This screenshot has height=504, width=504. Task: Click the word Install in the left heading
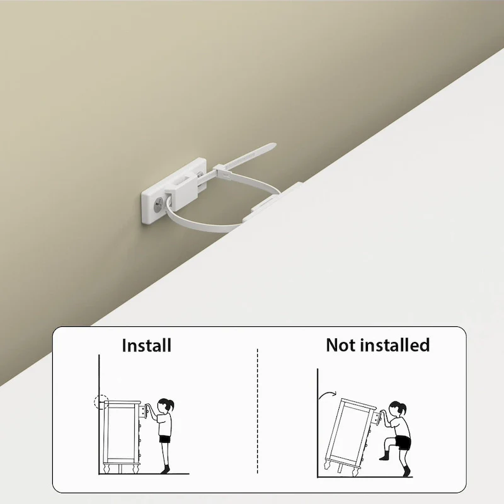[x=147, y=345]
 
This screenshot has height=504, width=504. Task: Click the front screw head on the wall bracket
[x=159, y=204]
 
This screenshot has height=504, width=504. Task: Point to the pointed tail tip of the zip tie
[x=275, y=145]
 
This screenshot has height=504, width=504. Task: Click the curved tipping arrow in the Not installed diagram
[x=327, y=394]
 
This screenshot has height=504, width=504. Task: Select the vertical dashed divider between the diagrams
[x=258, y=411]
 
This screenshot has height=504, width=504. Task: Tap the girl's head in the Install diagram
[x=165, y=406]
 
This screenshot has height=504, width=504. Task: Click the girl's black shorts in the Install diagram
[x=165, y=439]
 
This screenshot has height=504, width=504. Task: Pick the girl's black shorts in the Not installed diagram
[x=403, y=442]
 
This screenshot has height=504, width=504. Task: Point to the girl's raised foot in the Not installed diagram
[x=384, y=456]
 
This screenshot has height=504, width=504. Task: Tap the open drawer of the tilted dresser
[x=375, y=418]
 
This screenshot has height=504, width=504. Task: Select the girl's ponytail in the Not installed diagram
[x=403, y=409]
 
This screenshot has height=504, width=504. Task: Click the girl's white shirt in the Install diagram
[x=165, y=424]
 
